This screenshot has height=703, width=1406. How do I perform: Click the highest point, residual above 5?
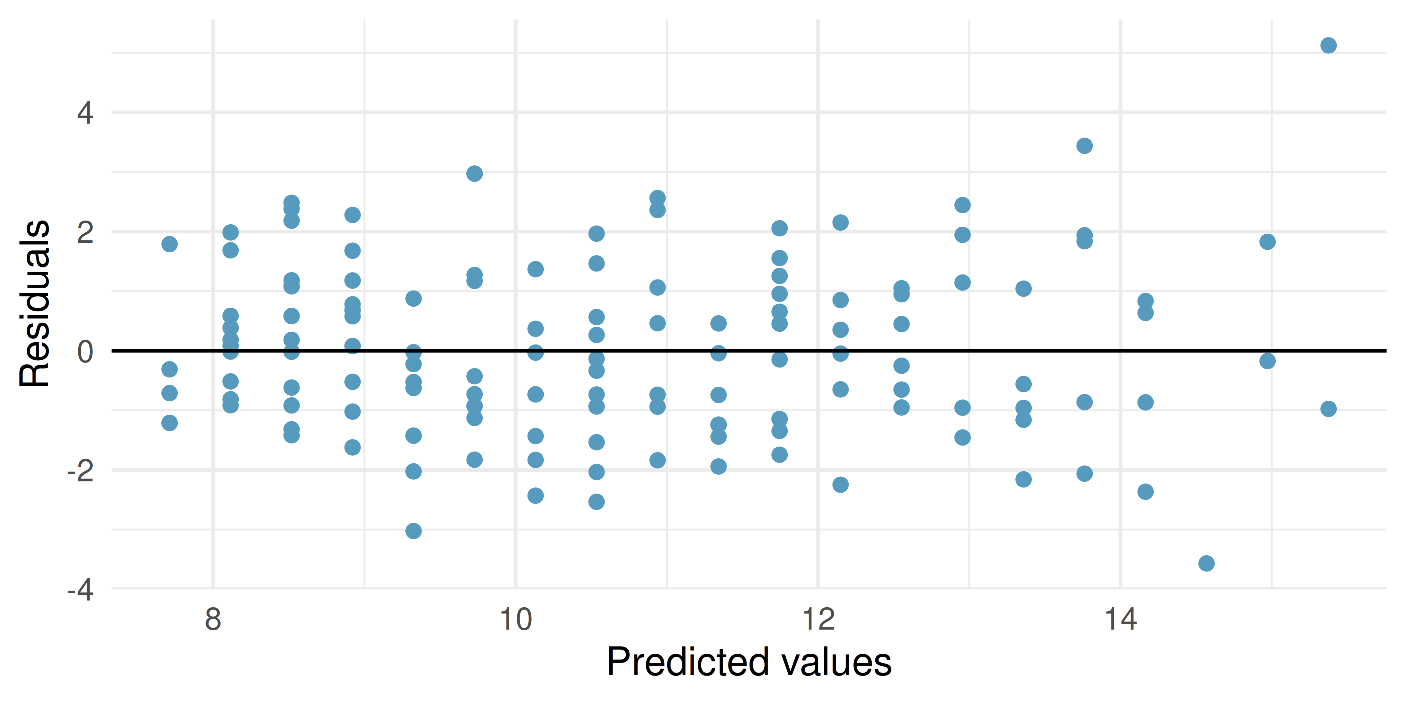click(1328, 45)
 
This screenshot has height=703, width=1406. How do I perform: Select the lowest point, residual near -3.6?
click(1206, 563)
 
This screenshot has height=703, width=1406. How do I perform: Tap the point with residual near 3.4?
click(1084, 146)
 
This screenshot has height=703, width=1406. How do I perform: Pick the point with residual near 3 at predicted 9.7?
click(474, 173)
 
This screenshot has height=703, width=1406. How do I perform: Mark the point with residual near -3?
click(413, 531)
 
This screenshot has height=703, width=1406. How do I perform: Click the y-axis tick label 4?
click(85, 113)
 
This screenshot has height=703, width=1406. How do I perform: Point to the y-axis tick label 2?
click(85, 233)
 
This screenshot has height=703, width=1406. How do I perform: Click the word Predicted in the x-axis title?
click(686, 662)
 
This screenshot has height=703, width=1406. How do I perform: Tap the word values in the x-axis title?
click(836, 662)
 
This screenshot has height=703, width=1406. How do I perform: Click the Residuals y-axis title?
click(34, 304)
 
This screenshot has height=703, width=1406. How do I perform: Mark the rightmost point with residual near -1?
click(1328, 409)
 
